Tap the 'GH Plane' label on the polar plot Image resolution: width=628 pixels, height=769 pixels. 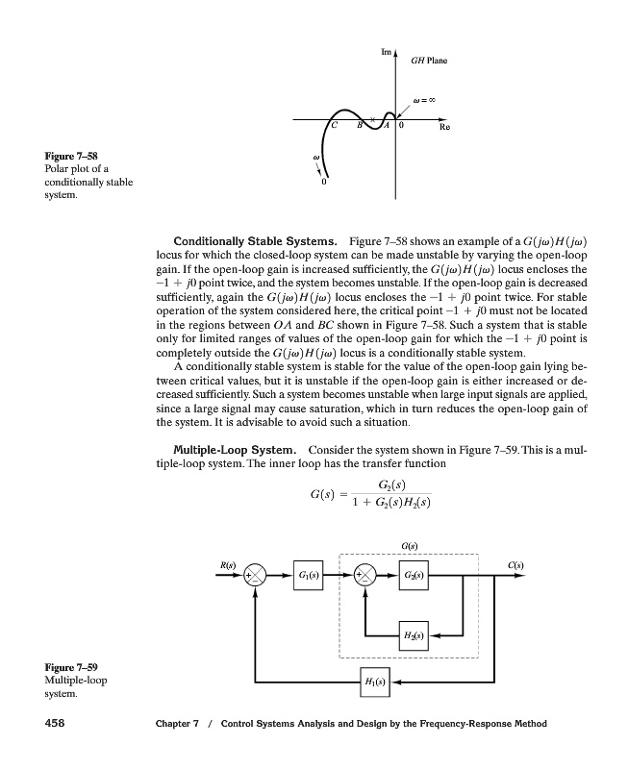point(429,61)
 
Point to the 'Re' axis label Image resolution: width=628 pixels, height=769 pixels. point(443,126)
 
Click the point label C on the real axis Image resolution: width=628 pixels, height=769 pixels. point(334,126)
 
